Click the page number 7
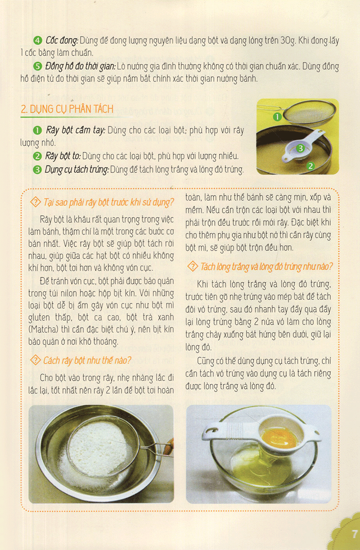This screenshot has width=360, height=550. tap(354, 534)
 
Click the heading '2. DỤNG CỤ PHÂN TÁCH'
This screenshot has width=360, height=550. tap(67, 109)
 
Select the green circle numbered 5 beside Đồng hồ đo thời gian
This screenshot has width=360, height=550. tap(38, 67)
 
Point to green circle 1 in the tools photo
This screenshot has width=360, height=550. tap(277, 117)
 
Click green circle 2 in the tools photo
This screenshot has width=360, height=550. tap(310, 166)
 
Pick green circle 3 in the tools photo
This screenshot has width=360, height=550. tap(300, 147)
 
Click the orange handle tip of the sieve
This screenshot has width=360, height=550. tap(170, 447)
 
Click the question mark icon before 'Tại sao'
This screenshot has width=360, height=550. tap(35, 202)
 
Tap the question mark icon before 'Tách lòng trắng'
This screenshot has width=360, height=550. tap(192, 266)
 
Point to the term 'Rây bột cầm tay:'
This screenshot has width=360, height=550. tap(75, 131)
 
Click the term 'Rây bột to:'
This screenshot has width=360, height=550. tap(63, 157)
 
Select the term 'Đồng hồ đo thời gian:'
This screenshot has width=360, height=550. tap(81, 67)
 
